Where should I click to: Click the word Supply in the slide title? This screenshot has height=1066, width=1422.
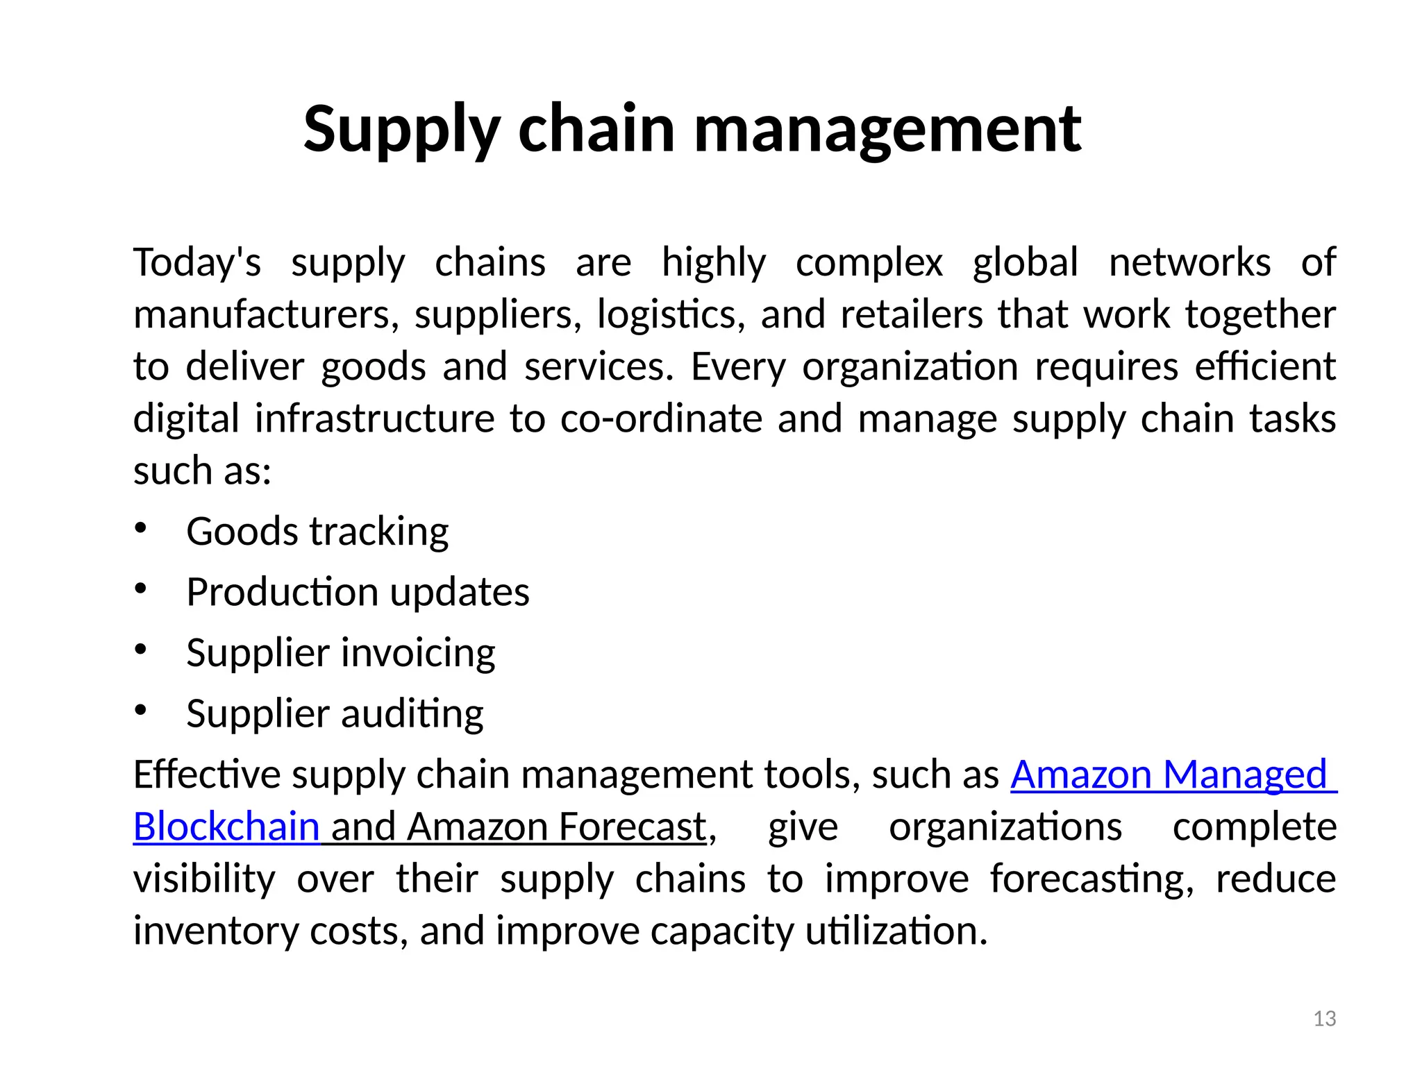(x=402, y=129)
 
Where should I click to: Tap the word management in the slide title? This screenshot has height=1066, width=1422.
(x=887, y=129)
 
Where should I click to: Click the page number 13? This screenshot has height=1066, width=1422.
(x=1324, y=1019)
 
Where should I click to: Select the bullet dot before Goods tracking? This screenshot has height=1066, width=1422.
(x=141, y=528)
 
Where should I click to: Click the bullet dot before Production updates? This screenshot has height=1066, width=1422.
(x=141, y=589)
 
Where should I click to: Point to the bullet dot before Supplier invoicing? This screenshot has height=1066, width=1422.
(x=141, y=650)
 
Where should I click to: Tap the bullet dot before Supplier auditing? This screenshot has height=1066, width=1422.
(x=141, y=710)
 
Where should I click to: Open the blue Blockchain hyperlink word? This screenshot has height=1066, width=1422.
(x=226, y=827)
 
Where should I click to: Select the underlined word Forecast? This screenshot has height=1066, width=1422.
(x=632, y=827)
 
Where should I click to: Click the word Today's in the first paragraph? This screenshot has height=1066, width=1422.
(x=197, y=262)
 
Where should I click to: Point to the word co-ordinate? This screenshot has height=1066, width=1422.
(x=661, y=418)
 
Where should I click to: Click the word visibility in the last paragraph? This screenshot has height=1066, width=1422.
(x=204, y=879)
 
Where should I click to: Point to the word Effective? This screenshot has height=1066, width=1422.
(x=206, y=774)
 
